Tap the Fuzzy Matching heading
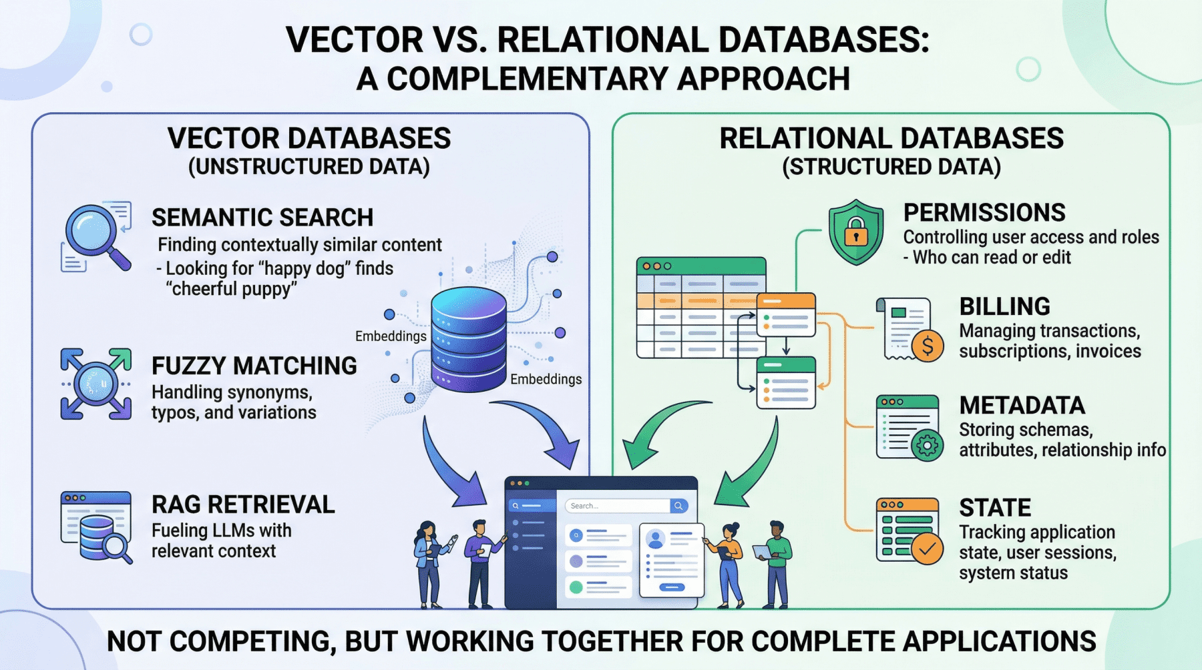tap(254, 366)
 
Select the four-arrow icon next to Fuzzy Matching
tap(96, 384)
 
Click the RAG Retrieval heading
tap(243, 505)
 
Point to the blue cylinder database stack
tap(468, 338)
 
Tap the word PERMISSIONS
tap(984, 213)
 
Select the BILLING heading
tap(1004, 306)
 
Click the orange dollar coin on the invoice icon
tap(928, 346)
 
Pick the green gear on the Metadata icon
tap(927, 445)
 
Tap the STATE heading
tap(995, 508)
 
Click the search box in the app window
tap(618, 506)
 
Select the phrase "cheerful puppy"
tap(231, 289)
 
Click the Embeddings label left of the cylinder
tap(391, 336)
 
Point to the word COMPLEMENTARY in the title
tap(528, 79)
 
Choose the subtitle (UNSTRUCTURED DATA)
tap(309, 167)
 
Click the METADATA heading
tap(1022, 406)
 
